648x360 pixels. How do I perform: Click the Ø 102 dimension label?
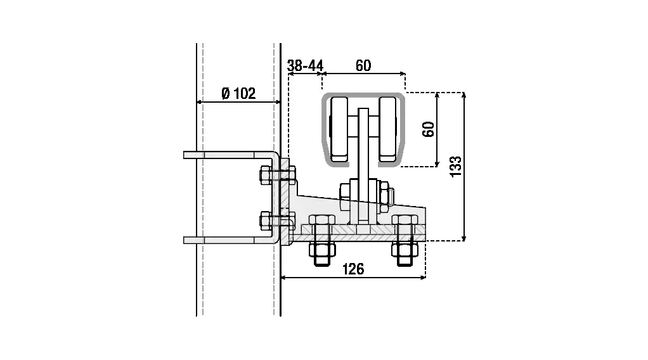(x=238, y=94)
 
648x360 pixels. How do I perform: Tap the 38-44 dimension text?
(x=305, y=65)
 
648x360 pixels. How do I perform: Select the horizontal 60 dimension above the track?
(x=363, y=65)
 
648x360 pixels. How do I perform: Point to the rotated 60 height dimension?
(x=429, y=130)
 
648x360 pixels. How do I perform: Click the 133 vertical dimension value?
(x=455, y=167)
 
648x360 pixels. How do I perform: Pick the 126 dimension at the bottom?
(x=353, y=269)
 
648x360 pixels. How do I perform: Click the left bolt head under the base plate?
(x=321, y=252)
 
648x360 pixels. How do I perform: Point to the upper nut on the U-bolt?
(x=266, y=174)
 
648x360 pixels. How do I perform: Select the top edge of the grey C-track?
(x=363, y=95)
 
